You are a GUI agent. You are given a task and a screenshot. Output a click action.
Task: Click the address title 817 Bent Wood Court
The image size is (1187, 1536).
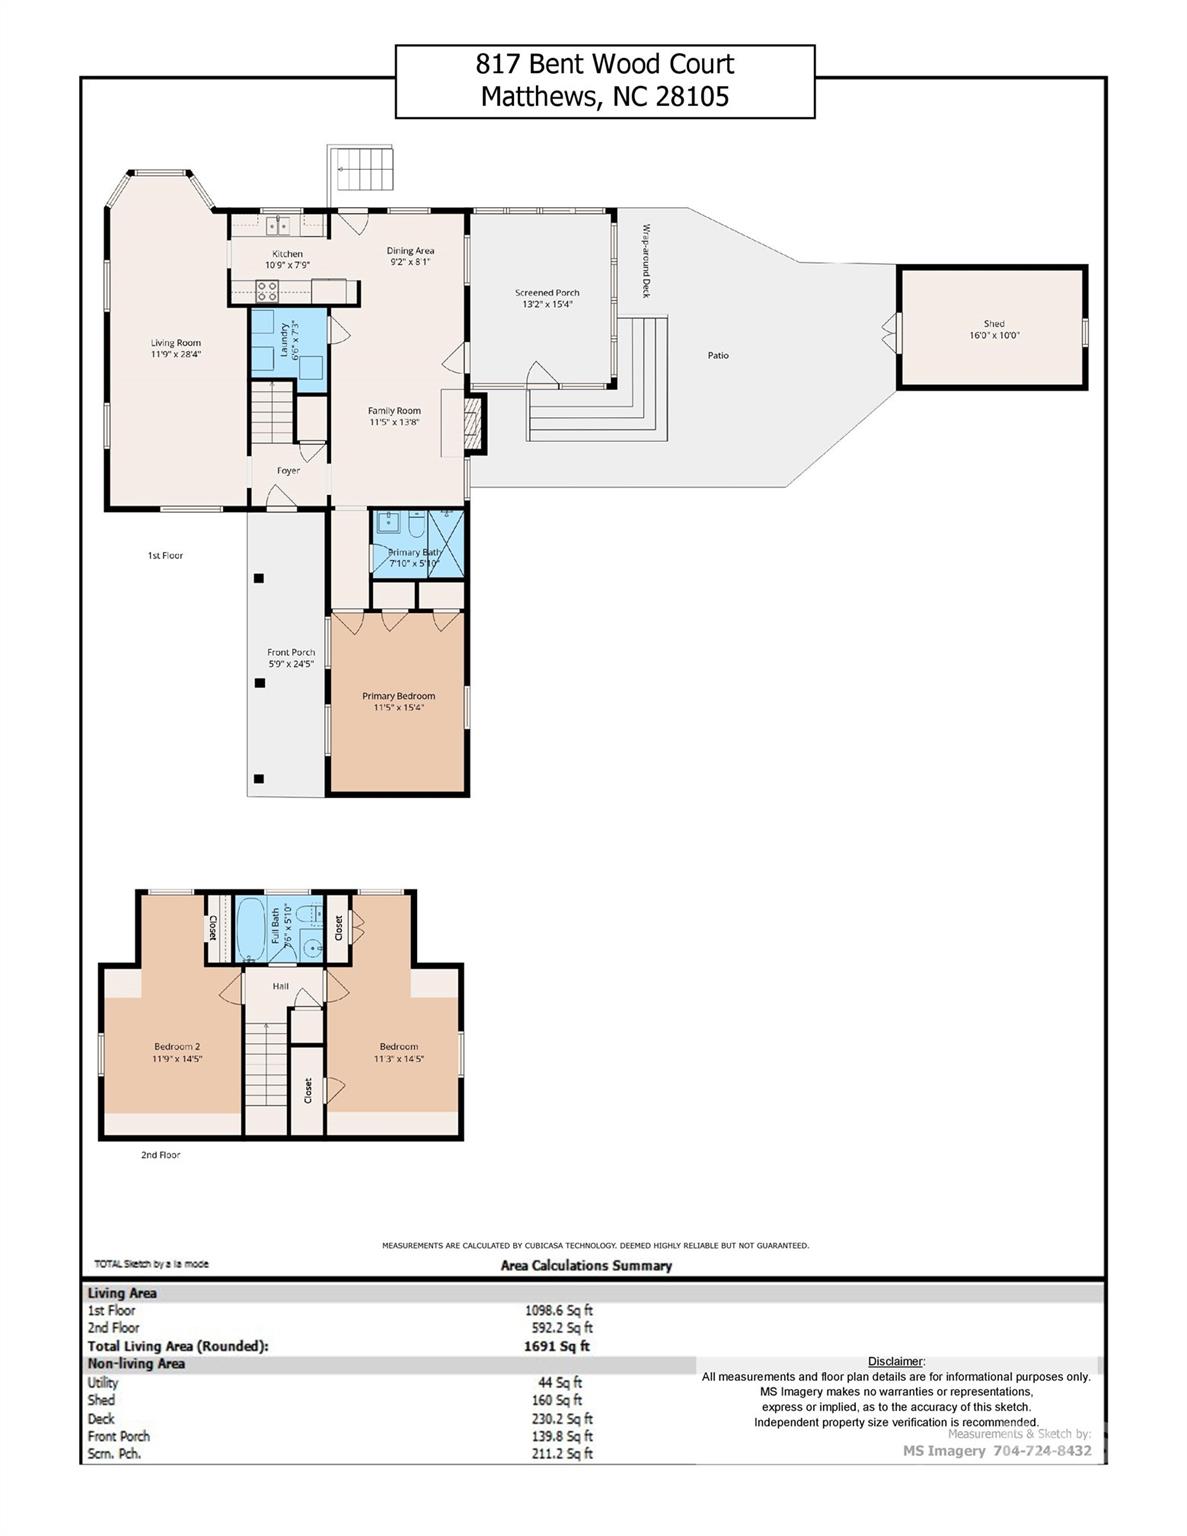(604, 65)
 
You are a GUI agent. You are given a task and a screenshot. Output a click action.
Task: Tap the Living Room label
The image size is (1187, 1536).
(176, 343)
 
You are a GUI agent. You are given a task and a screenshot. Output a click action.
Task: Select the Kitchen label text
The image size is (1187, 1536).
(287, 254)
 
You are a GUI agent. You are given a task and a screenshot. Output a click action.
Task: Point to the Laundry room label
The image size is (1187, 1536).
(285, 338)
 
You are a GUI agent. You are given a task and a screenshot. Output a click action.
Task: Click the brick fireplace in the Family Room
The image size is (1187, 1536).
(472, 424)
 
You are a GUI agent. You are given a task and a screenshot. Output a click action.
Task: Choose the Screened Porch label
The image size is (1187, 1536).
(547, 293)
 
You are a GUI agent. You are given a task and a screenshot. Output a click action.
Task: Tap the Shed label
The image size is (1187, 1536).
(993, 324)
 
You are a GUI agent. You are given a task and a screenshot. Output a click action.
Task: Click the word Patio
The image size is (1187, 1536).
(718, 355)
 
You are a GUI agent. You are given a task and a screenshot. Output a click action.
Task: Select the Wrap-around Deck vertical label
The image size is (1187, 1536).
(646, 260)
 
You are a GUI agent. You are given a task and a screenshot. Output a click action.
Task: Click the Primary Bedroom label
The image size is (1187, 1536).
(398, 696)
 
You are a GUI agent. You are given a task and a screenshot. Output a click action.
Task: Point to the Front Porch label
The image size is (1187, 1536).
(290, 652)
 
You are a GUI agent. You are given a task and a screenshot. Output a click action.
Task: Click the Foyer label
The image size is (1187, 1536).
(288, 470)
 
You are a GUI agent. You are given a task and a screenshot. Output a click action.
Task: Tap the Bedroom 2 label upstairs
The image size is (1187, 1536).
(177, 1046)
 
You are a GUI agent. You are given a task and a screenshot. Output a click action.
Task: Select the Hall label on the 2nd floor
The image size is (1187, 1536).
(281, 986)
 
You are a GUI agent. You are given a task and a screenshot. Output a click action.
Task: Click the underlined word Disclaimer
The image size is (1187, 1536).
(895, 1361)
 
